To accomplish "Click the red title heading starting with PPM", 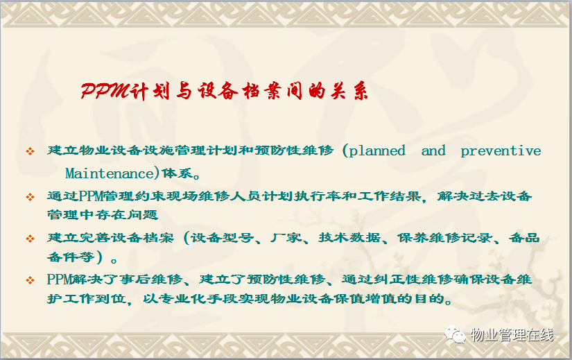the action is point(225,91).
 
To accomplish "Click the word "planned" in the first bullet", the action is point(377,151).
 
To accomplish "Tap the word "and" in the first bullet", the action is point(433,151).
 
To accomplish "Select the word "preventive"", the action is point(501,151).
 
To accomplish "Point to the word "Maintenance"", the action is point(110,173).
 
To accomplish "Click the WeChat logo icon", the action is point(455,334).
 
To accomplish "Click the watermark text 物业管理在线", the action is point(512,334).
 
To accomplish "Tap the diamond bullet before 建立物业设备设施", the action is point(30,151).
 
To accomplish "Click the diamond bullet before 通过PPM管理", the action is point(30,197).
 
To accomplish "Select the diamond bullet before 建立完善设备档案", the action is point(30,239).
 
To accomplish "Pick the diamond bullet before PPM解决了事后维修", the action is point(30,280).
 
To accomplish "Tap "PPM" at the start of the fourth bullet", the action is point(59,280).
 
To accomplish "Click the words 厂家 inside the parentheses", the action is point(286,238).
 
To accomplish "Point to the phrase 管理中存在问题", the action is point(103,214).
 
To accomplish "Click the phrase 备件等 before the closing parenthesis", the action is point(71,257).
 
